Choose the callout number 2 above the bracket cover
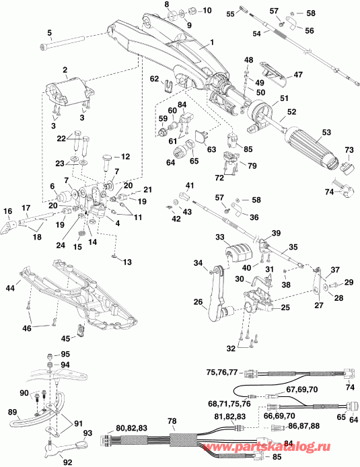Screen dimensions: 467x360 coord(65,70)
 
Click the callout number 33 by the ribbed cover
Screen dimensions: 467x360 coord(220,237)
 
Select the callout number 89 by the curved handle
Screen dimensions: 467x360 coord(11,412)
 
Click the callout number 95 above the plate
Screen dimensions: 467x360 coord(65,353)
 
